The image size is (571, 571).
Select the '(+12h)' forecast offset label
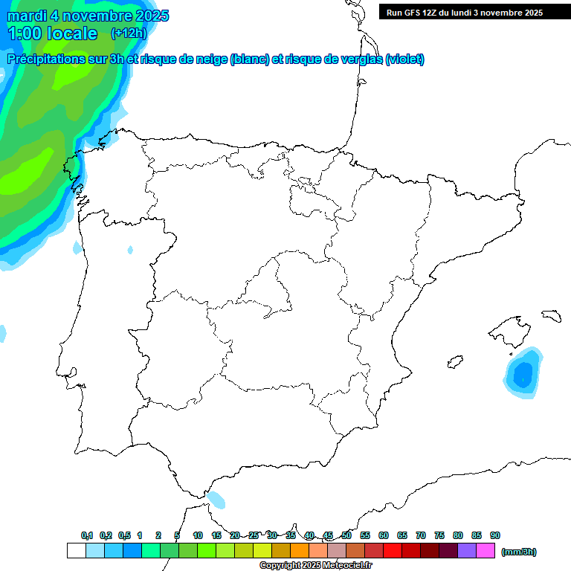(129, 33)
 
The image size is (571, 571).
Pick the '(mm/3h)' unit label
(519, 552)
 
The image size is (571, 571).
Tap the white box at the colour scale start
(76, 551)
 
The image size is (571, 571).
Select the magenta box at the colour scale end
(485, 551)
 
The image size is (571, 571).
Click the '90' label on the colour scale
(495, 535)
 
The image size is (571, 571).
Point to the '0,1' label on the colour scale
(87, 535)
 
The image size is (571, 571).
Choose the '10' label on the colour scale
(198, 535)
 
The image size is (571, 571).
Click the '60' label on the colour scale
(384, 535)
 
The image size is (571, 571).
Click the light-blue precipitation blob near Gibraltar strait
(216, 499)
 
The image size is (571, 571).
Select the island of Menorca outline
(550, 315)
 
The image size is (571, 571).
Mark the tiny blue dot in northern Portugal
(130, 250)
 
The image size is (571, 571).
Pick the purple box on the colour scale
(467, 551)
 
